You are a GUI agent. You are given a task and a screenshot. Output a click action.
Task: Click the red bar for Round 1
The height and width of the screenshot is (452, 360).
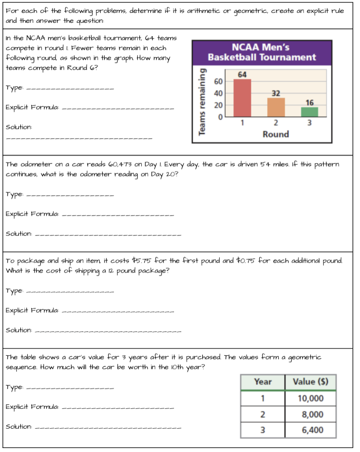point(242,98)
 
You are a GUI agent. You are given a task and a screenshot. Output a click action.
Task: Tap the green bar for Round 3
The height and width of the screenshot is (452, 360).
point(310,112)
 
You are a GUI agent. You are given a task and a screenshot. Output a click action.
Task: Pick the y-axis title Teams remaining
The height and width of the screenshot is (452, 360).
point(202,101)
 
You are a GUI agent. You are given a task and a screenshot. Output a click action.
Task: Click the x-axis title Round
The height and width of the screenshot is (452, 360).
point(276,134)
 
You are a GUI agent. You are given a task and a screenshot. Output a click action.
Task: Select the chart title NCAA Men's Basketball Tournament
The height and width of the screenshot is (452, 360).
point(261,52)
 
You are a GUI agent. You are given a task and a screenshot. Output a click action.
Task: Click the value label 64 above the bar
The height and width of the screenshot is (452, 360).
point(242,74)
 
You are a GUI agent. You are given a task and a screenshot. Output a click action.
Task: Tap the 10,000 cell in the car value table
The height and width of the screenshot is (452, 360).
point(310,398)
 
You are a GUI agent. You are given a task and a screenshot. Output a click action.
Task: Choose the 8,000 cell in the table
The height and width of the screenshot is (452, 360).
point(310,414)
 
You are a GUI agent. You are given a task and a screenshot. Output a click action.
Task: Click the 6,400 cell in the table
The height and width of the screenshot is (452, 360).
point(310,430)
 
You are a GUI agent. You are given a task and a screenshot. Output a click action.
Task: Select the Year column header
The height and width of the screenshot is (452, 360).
point(262,382)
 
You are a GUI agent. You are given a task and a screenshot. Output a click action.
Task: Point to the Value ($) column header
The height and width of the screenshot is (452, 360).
point(310,382)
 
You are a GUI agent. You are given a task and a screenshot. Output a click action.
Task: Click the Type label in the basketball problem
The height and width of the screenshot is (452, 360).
point(14,88)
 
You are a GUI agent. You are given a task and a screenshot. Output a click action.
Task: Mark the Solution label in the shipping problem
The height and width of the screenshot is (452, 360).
point(19,330)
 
